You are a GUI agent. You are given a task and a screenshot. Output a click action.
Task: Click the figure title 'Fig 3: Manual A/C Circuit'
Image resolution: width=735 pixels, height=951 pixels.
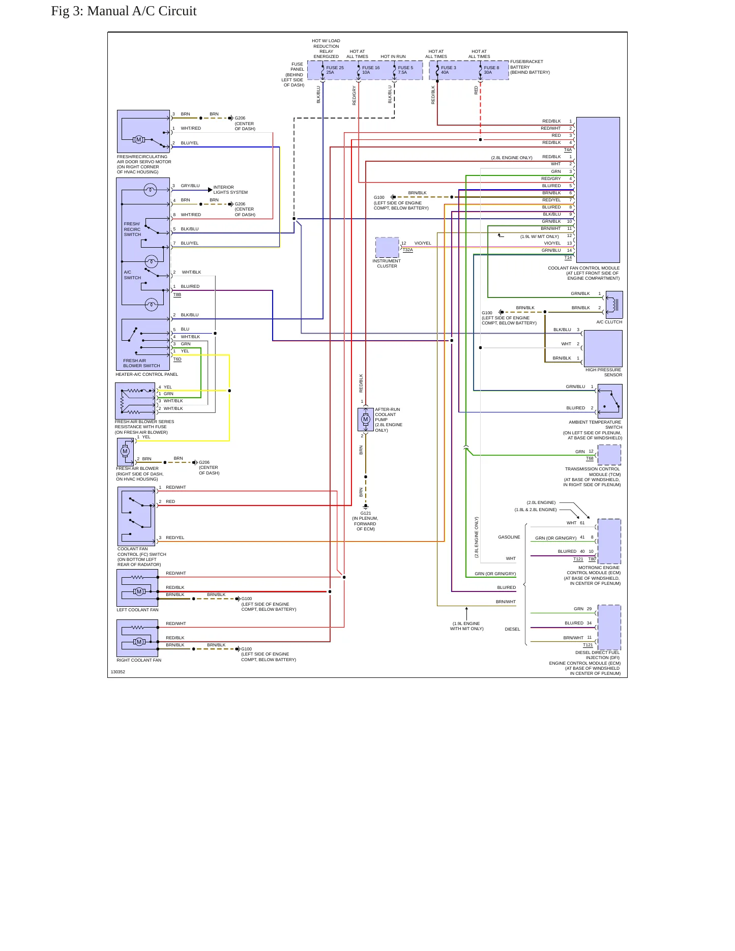coord(124,11)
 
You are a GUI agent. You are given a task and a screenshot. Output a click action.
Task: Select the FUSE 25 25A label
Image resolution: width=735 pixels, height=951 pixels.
coord(335,70)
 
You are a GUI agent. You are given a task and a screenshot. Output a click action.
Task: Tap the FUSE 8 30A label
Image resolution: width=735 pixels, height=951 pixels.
coord(491,70)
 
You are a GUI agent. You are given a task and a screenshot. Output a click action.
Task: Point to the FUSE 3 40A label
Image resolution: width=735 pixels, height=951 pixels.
coord(448,70)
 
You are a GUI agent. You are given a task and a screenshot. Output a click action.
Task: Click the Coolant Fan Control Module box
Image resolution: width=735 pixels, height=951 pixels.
coord(598,190)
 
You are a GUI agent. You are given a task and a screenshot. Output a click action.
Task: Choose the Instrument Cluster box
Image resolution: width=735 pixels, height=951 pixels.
coord(387,248)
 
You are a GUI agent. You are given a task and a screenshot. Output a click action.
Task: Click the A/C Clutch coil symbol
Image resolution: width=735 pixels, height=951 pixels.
coord(614,305)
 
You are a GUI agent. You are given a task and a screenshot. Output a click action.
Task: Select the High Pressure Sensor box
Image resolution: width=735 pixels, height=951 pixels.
coord(603,348)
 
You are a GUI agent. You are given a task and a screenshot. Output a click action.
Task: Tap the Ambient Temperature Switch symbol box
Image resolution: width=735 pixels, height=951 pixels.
coord(610,401)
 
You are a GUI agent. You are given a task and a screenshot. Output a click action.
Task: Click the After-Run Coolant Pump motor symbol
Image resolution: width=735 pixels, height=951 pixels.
coord(366,420)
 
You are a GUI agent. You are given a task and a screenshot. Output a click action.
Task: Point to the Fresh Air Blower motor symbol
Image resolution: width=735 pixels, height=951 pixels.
coord(125,452)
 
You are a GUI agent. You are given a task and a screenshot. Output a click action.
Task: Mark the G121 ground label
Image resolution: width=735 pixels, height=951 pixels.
coord(366,513)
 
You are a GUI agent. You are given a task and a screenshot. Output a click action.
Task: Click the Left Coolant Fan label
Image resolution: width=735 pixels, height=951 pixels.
coord(137,610)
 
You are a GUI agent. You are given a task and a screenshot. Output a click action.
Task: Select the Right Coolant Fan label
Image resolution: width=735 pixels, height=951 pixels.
coord(139,660)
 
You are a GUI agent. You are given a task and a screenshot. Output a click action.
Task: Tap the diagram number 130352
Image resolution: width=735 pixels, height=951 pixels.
coord(118,672)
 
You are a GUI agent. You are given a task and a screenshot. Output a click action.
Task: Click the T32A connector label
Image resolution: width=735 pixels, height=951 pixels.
coord(407,250)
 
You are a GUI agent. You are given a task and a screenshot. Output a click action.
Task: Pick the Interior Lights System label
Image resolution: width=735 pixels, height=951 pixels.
coord(230,190)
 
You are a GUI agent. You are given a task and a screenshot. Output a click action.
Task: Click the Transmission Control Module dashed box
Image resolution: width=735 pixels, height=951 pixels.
coord(609,455)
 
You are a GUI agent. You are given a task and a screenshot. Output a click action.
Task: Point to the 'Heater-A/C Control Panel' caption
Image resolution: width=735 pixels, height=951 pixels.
coord(146,374)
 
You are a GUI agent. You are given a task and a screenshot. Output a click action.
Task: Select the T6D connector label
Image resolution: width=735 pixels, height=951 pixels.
coord(177,359)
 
